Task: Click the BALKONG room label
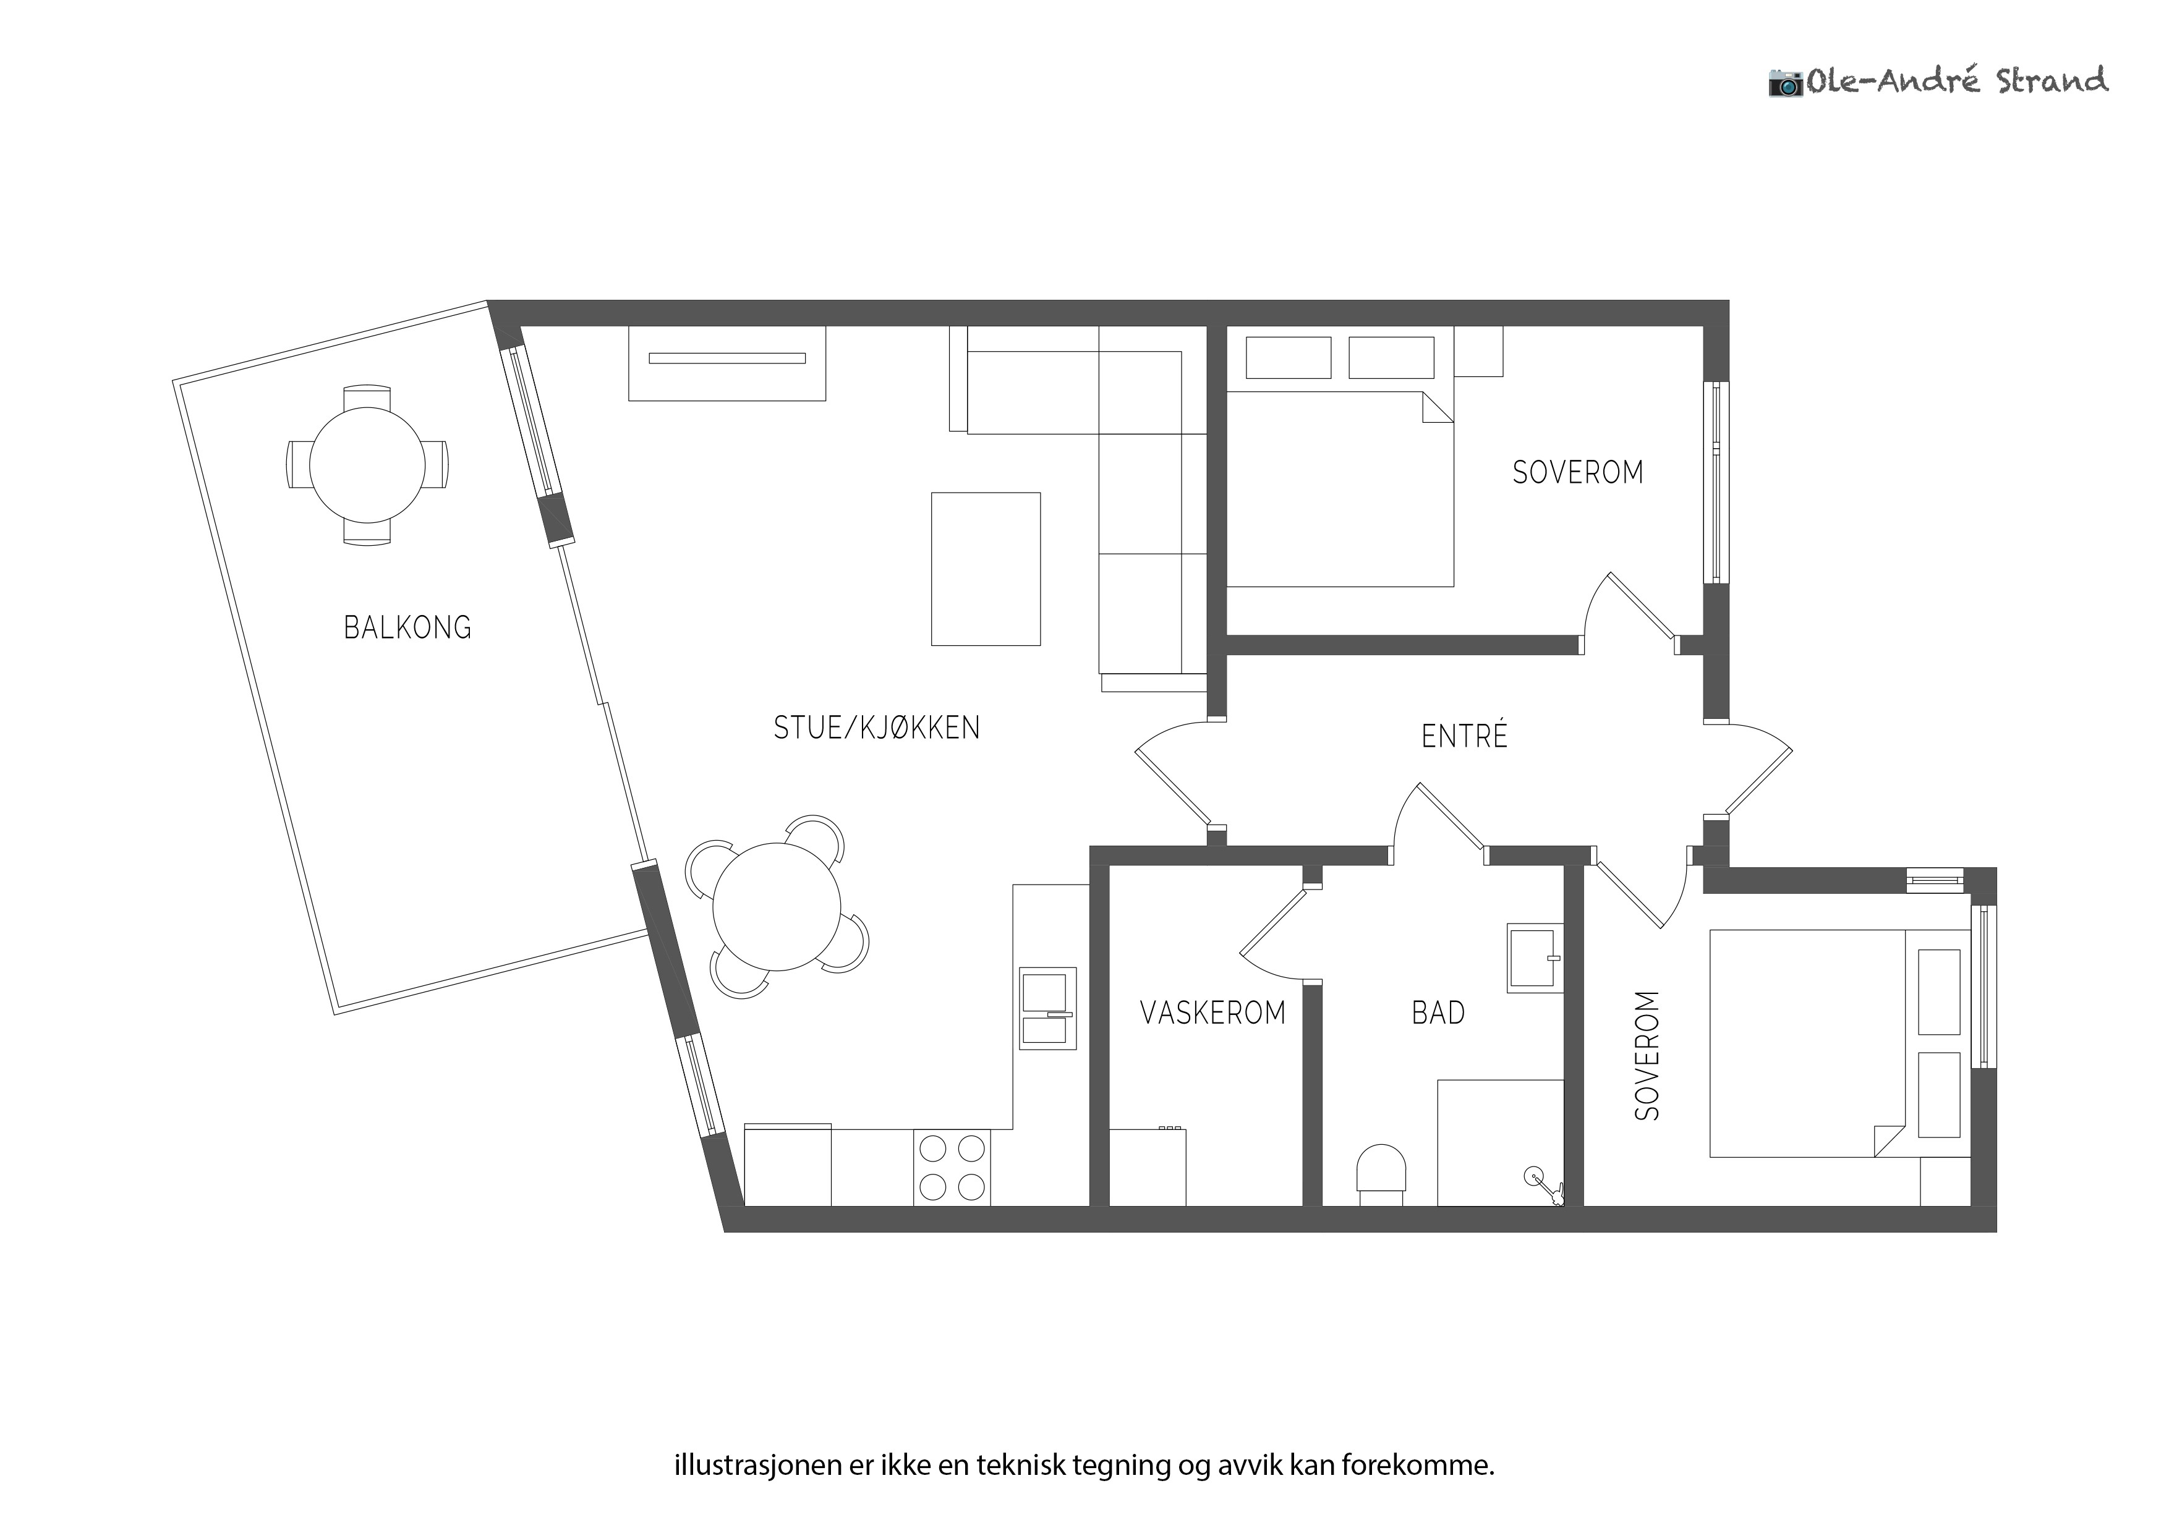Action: (407, 627)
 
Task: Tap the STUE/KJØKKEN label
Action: (877, 728)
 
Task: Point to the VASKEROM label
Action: (1213, 1013)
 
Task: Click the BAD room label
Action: (1438, 1013)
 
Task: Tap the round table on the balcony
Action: (367, 465)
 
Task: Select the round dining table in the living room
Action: (777, 907)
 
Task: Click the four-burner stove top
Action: (952, 1168)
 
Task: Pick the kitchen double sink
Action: (1047, 1009)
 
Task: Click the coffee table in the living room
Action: (986, 569)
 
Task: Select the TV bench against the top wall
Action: (727, 363)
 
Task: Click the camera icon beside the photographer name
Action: (1786, 82)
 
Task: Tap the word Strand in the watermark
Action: (2052, 80)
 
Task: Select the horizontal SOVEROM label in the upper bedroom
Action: (1578, 472)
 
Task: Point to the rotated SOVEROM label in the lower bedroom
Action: (1647, 1055)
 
